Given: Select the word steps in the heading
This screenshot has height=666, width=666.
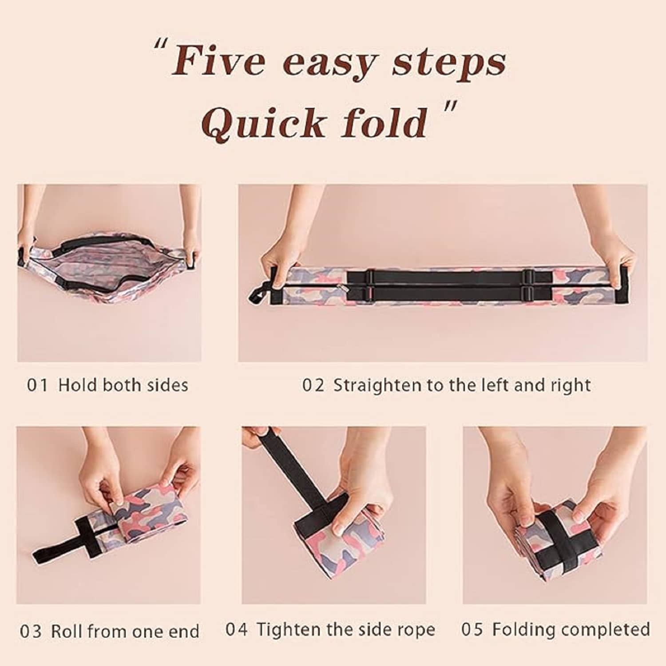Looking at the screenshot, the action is (448, 63).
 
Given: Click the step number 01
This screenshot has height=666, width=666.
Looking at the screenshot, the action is (37, 385).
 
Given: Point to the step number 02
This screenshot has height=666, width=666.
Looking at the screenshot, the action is (313, 385).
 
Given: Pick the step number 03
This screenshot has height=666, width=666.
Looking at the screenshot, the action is (31, 631).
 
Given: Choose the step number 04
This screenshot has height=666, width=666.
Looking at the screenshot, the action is (236, 630).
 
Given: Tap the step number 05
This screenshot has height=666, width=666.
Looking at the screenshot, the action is (472, 630).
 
